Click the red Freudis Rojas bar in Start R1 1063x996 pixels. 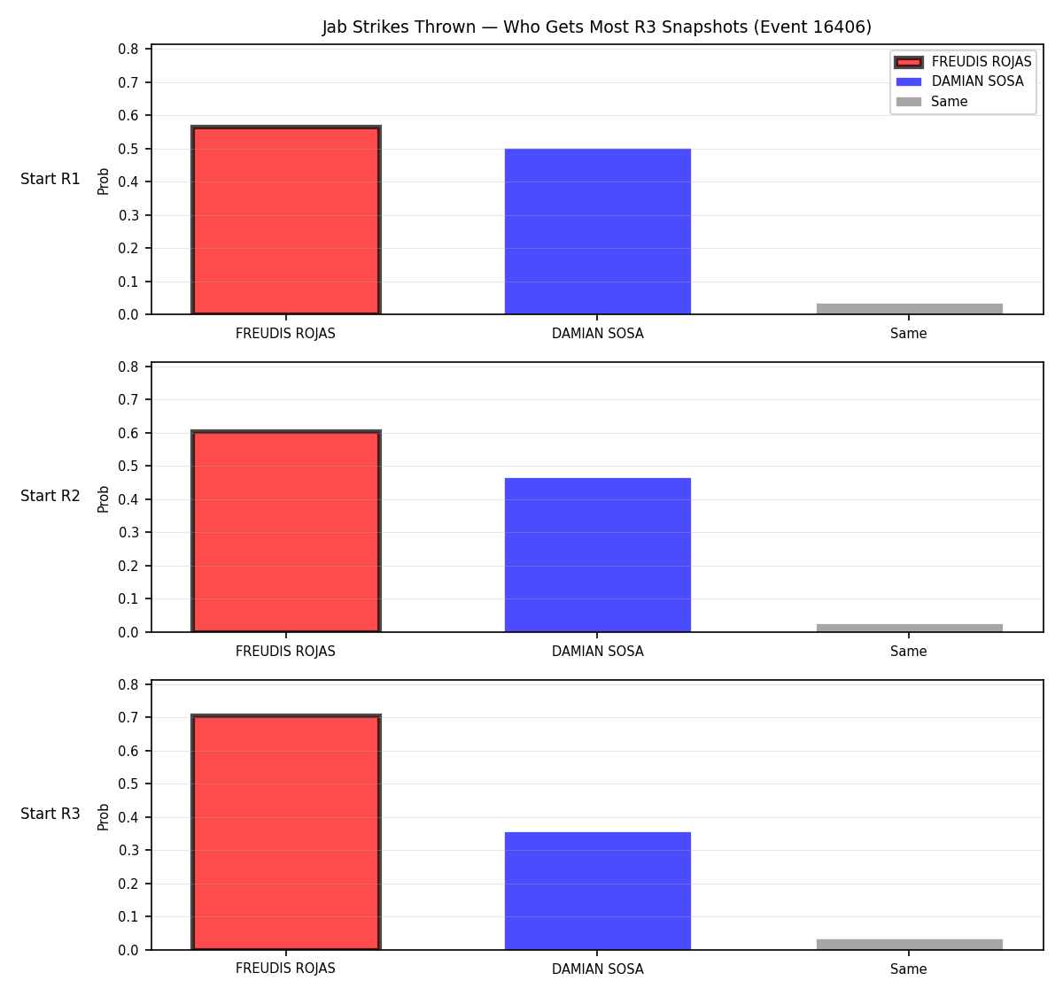click(286, 220)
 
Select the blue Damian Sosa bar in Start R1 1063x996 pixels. click(597, 231)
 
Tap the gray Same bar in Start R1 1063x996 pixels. click(909, 309)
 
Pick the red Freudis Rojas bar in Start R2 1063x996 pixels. click(286, 531)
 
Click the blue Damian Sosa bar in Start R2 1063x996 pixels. click(597, 554)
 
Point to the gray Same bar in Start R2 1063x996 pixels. click(909, 628)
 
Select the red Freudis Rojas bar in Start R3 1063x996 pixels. click(286, 832)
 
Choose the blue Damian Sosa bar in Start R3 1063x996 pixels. click(597, 892)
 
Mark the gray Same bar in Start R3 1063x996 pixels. click(909, 945)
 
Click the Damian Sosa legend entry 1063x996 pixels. click(959, 81)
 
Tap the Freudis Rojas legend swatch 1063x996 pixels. click(908, 62)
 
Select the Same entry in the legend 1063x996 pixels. click(931, 102)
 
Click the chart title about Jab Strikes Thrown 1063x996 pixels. click(597, 27)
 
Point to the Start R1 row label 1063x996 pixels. click(50, 179)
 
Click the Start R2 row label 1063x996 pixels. click(50, 496)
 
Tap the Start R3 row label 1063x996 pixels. click(50, 814)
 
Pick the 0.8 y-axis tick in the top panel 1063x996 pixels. click(128, 50)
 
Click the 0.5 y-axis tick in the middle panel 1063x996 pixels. click(128, 467)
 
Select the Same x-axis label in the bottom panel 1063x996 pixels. click(908, 969)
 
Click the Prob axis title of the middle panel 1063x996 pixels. click(104, 498)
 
